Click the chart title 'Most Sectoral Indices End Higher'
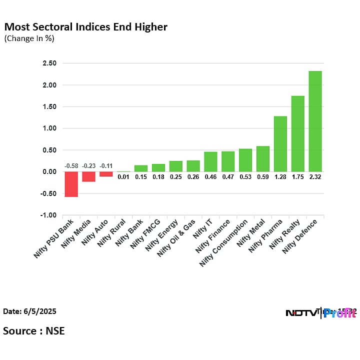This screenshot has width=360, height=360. (86, 26)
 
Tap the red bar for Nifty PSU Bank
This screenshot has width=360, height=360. (71, 184)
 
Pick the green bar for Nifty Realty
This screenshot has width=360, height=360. (297, 133)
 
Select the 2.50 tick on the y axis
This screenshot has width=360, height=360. (49, 63)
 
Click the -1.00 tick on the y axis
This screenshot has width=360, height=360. (49, 215)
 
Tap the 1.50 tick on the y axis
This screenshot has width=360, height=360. (49, 106)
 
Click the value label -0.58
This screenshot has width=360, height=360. (71, 166)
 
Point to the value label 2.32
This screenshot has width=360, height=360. (315, 176)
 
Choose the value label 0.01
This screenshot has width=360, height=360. (123, 176)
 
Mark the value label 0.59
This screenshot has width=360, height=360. (263, 176)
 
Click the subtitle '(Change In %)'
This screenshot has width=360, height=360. (29, 38)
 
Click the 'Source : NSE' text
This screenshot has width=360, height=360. (34, 330)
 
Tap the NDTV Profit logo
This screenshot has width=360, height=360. (320, 313)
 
